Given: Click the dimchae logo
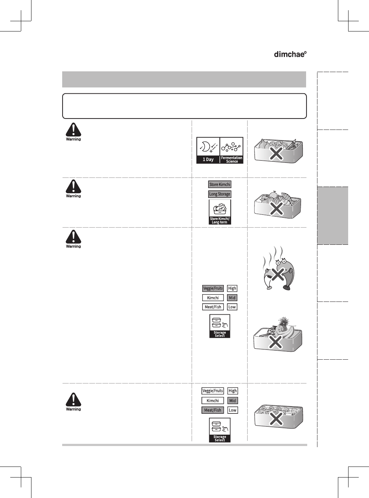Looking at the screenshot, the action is pyautogui.click(x=290, y=54).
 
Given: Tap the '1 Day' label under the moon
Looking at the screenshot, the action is pyautogui.click(x=208, y=160).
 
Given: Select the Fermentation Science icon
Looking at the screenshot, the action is pyautogui.click(x=231, y=150).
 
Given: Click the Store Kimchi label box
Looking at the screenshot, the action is pyautogui.click(x=220, y=184).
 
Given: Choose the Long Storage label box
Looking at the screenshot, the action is pyautogui.click(x=220, y=194).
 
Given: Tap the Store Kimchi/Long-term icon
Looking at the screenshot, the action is pyautogui.click(x=220, y=212).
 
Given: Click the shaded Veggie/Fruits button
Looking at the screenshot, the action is pyautogui.click(x=213, y=288).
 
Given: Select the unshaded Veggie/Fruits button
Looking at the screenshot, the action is pyautogui.click(x=213, y=391).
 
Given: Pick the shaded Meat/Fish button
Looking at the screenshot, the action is pyautogui.click(x=212, y=410).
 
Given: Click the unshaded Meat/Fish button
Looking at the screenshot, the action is pyautogui.click(x=213, y=307).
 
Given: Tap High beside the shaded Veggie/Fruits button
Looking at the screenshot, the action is pyautogui.click(x=232, y=288).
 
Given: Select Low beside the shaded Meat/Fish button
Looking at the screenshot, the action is pyautogui.click(x=233, y=410).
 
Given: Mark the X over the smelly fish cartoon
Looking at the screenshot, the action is pyautogui.click(x=278, y=274).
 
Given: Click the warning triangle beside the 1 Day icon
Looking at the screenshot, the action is pyautogui.click(x=74, y=130).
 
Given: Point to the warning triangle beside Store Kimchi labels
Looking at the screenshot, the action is pyautogui.click(x=74, y=187).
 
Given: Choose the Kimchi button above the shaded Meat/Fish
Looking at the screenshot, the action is pyautogui.click(x=212, y=401).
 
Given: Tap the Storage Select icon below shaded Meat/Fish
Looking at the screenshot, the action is pyautogui.click(x=220, y=430).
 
